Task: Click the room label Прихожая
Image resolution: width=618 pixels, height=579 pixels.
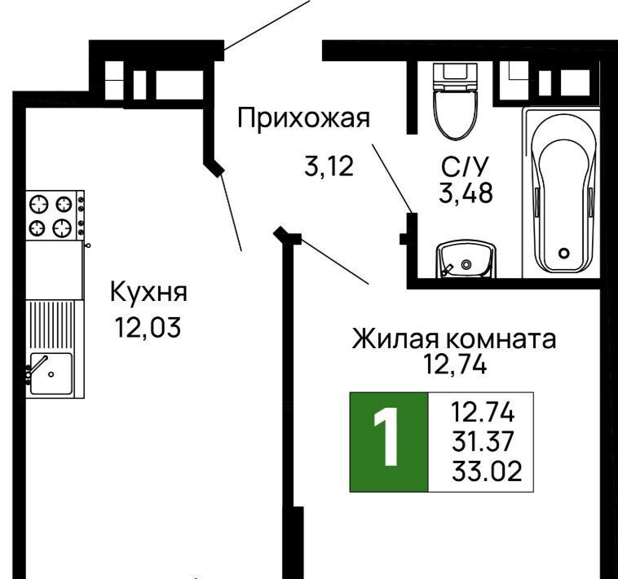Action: (x=303, y=119)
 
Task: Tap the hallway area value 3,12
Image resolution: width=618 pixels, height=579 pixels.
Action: (x=329, y=166)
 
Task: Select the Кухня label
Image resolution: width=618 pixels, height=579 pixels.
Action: (x=148, y=292)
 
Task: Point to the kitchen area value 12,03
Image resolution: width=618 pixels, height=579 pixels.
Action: (x=148, y=328)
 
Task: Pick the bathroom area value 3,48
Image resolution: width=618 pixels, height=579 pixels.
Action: (x=466, y=193)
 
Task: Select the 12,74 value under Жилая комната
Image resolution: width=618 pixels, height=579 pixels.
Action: (x=454, y=365)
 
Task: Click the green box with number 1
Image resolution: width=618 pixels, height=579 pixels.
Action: (x=389, y=442)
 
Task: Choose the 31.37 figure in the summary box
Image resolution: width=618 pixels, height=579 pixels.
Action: (x=483, y=441)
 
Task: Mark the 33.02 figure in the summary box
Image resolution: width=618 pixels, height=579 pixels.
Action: (x=487, y=471)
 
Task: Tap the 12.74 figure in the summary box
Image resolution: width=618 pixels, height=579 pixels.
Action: (x=483, y=413)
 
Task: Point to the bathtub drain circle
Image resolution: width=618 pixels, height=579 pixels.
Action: (x=564, y=253)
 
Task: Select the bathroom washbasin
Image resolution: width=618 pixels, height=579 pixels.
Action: (x=466, y=259)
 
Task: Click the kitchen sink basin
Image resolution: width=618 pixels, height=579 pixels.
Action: (x=51, y=373)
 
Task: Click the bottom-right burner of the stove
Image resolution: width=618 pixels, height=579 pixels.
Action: (x=63, y=228)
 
